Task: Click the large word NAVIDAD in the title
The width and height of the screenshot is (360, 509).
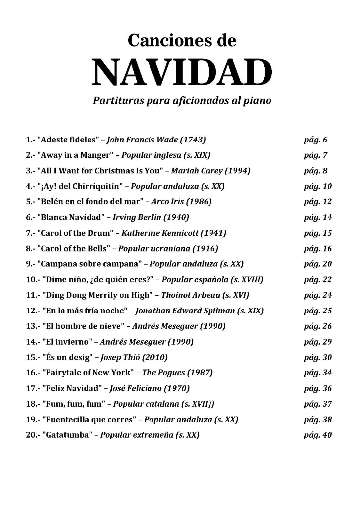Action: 182,72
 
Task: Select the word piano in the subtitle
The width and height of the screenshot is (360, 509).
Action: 256,100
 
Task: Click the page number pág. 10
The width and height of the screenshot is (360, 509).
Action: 318,186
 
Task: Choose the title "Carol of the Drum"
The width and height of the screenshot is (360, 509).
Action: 75,233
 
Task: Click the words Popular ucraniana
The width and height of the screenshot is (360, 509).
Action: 154,249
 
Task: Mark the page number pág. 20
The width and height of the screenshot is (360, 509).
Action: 318,264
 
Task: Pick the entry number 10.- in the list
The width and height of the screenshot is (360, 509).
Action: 33,280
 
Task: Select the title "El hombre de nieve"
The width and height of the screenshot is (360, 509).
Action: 83,326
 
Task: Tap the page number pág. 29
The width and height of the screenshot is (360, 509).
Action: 318,342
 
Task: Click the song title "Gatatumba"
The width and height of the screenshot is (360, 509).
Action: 67,435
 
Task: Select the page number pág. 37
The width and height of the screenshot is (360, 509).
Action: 318,404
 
